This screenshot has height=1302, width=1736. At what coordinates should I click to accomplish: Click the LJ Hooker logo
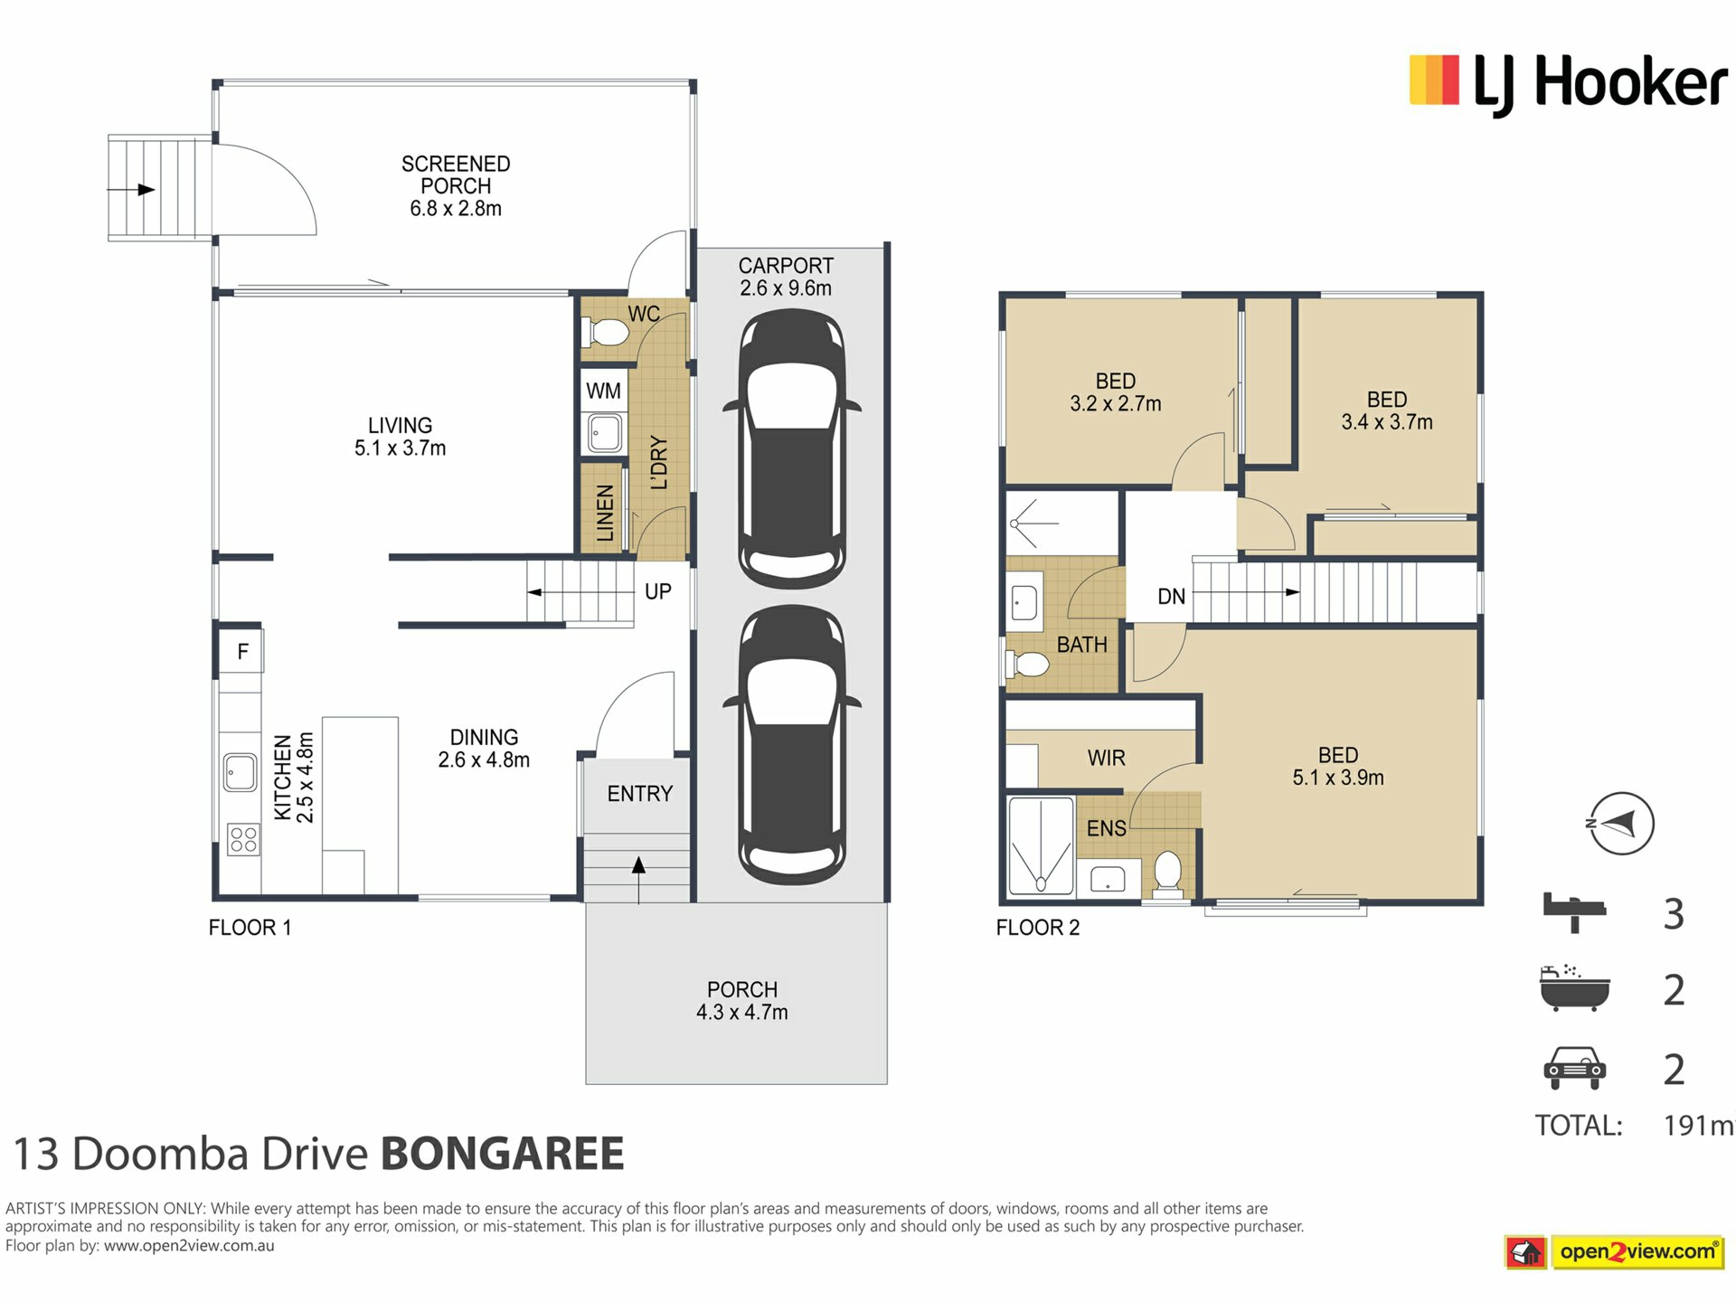1569,84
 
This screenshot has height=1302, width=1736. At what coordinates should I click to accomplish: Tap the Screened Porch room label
456,186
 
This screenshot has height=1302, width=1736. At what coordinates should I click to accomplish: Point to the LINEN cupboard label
605,513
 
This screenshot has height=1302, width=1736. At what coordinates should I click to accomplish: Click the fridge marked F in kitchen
241,651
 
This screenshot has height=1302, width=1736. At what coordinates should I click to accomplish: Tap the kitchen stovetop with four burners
242,839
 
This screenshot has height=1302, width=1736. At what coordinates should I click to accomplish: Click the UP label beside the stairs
657,591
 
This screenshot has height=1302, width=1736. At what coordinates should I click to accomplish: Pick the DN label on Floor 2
1171,597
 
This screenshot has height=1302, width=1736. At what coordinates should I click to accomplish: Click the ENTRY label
639,794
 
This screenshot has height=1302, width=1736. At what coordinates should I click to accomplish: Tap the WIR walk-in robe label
1106,758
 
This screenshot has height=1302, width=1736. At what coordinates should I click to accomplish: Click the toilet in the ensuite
1168,874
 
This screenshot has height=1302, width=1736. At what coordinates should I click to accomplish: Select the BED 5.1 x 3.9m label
1338,766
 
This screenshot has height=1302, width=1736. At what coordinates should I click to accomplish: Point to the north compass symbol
1622,824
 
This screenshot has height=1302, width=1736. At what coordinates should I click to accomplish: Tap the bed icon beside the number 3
1574,911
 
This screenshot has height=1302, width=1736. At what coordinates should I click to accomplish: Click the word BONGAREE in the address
503,1154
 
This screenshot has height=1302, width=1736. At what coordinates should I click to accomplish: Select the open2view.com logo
1615,1252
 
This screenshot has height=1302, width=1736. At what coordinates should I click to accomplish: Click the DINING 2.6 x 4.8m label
484,749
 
